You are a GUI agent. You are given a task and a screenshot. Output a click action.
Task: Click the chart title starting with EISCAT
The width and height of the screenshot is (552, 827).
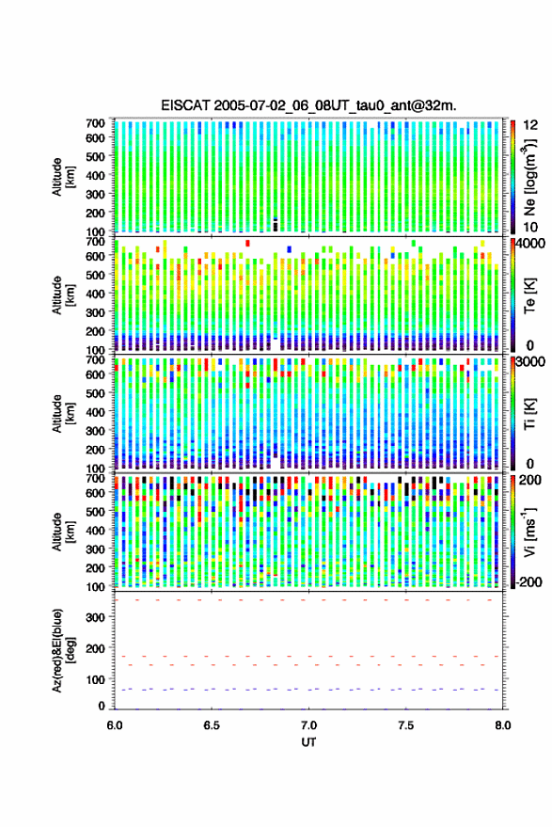309,105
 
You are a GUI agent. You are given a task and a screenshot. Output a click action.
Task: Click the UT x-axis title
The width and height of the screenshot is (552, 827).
308,742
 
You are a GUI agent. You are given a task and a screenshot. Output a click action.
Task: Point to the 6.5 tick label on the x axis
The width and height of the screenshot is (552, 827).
212,725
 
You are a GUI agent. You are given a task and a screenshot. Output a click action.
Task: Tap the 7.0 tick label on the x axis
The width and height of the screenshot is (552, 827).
308,725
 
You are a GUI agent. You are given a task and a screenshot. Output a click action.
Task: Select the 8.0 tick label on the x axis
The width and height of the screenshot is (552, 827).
503,725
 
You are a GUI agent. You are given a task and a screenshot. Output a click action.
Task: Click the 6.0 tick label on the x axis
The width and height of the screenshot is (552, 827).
115,725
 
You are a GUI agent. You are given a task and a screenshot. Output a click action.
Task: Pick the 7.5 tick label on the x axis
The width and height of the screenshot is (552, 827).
405,725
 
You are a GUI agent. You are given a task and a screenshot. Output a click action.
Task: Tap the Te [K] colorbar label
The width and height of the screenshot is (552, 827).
529,295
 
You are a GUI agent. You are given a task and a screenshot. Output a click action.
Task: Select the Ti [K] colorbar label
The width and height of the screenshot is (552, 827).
529,414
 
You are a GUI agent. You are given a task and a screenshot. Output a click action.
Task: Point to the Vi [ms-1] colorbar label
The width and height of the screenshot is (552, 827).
529,532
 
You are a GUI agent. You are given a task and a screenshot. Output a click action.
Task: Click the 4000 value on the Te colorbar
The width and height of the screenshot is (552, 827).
530,245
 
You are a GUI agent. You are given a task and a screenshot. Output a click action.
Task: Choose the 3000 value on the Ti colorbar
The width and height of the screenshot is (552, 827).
530,362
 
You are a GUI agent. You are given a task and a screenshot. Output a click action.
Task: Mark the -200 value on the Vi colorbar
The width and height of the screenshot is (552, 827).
529,582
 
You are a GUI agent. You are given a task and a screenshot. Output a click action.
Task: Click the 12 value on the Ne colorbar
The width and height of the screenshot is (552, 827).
530,125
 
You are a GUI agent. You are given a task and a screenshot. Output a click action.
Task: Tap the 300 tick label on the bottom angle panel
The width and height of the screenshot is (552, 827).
95,617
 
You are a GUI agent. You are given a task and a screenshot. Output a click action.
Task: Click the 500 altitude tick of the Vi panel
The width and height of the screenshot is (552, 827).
95,512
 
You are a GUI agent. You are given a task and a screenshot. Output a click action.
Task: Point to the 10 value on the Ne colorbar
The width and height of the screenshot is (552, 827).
530,228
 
